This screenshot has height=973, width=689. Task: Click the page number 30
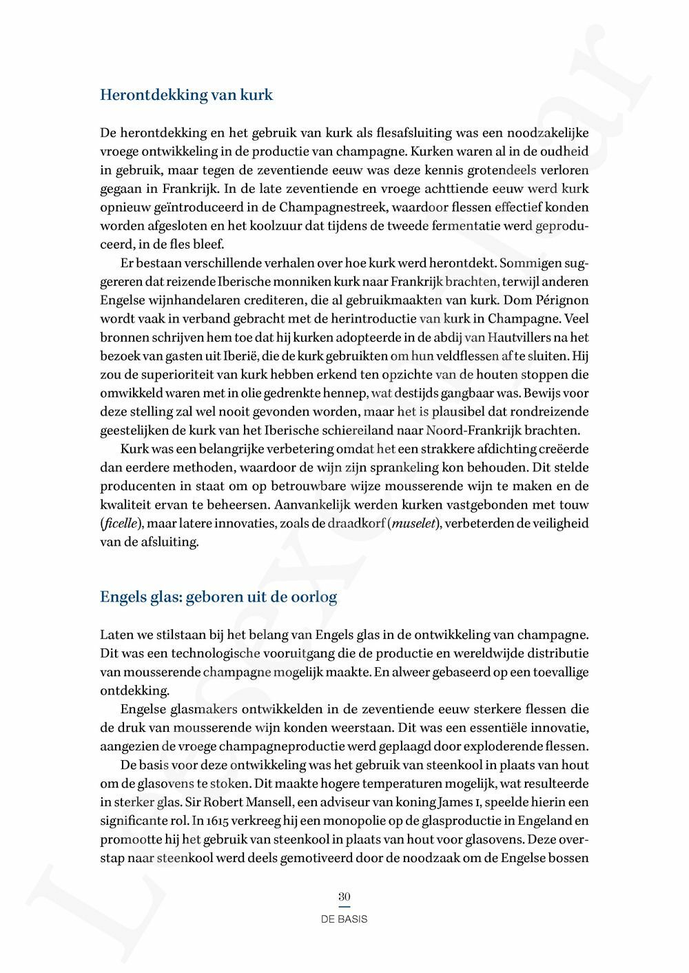344,897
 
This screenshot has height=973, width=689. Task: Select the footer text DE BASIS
344,919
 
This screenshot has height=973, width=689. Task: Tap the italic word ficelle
121,523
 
